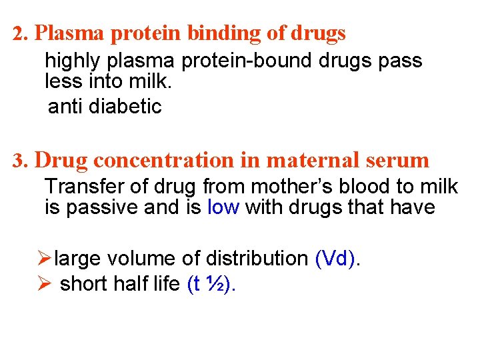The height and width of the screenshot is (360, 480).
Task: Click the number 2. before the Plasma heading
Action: pyautogui.click(x=21, y=33)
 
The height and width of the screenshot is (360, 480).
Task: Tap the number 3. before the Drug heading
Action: pyautogui.click(x=21, y=161)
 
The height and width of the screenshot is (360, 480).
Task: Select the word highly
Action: pyautogui.click(x=71, y=61)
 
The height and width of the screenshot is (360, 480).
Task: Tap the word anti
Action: pyautogui.click(x=63, y=106)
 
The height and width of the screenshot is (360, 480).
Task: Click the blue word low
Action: pyautogui.click(x=223, y=207)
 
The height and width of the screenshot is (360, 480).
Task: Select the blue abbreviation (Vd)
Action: pyautogui.click(x=335, y=258)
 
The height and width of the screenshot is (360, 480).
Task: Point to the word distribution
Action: pyautogui.click(x=259, y=258)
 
